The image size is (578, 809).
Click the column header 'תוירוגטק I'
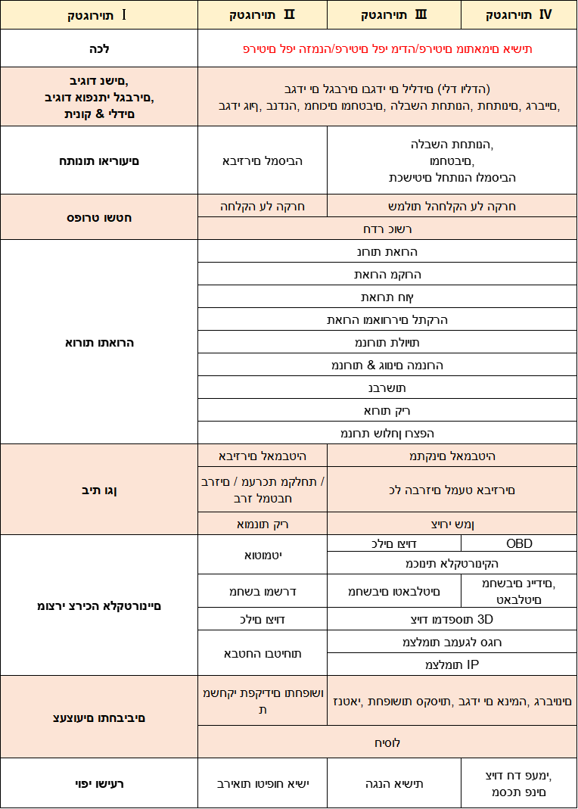(x=99, y=14)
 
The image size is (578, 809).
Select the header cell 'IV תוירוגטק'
(x=519, y=14)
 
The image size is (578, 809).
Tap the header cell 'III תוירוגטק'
(x=394, y=14)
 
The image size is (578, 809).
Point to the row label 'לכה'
(x=99, y=48)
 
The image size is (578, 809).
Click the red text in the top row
(x=387, y=48)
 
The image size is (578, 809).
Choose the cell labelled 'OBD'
(x=519, y=543)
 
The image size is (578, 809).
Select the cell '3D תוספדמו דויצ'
(x=452, y=619)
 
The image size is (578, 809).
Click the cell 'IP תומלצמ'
(x=452, y=664)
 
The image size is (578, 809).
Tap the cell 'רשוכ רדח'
(x=387, y=229)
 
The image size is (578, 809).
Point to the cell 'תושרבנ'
(x=387, y=387)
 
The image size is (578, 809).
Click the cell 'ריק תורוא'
(x=387, y=410)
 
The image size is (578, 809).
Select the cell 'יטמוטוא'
(x=263, y=555)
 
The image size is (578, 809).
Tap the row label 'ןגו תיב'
(x=99, y=490)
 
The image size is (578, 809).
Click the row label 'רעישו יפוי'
(x=99, y=783)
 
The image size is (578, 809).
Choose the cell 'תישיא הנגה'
(x=394, y=783)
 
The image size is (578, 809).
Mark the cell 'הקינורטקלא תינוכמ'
(x=452, y=564)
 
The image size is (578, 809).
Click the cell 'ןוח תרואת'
(x=387, y=297)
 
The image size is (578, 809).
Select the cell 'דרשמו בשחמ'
(x=263, y=590)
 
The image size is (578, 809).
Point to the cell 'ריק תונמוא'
(x=263, y=524)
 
